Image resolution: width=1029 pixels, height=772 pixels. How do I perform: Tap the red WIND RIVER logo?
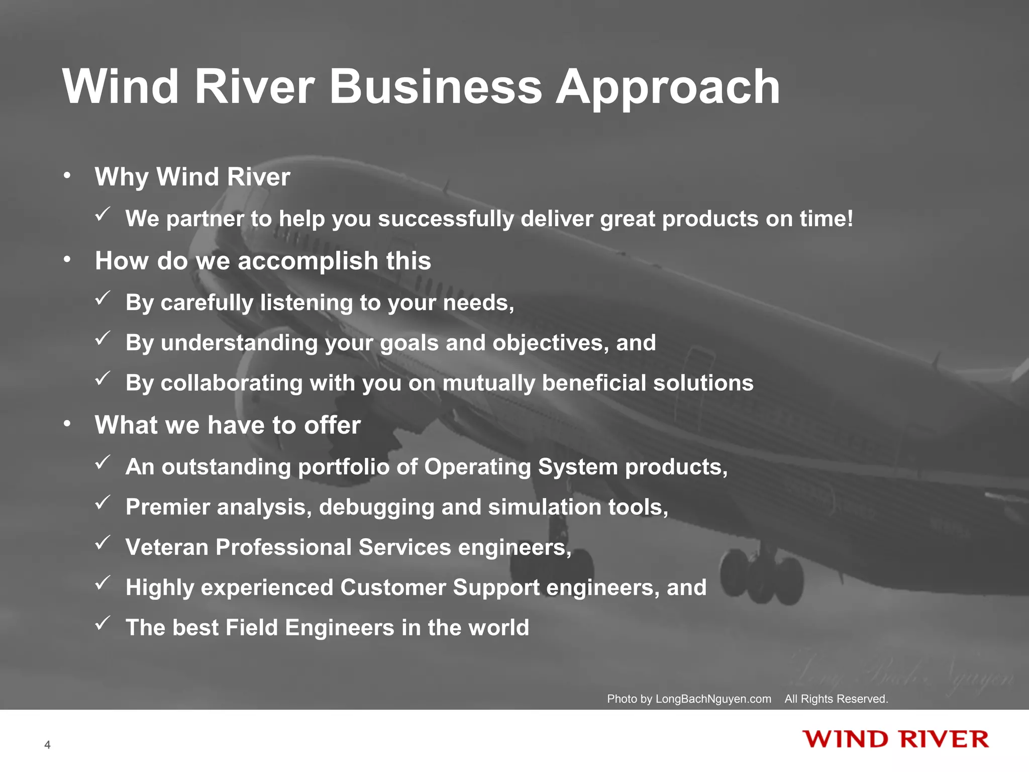[895, 740]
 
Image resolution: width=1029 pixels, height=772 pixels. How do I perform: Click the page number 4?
[47, 745]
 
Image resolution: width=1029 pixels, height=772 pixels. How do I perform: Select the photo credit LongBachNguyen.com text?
[713, 699]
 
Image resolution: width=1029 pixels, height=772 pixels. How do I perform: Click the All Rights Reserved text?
[836, 699]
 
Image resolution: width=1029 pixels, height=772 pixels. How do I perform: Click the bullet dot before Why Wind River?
[67, 176]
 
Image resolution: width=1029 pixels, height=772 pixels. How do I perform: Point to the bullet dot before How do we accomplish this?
[67, 260]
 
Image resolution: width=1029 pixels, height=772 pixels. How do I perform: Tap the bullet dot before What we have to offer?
[67, 424]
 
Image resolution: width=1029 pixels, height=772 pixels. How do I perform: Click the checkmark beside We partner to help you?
[102, 215]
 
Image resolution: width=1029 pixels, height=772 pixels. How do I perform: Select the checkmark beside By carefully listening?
[102, 299]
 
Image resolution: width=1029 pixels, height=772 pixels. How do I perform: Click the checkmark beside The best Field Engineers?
[102, 624]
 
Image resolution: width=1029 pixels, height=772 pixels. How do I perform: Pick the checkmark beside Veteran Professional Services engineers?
[102, 543]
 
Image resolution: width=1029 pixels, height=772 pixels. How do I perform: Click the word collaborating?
[232, 383]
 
